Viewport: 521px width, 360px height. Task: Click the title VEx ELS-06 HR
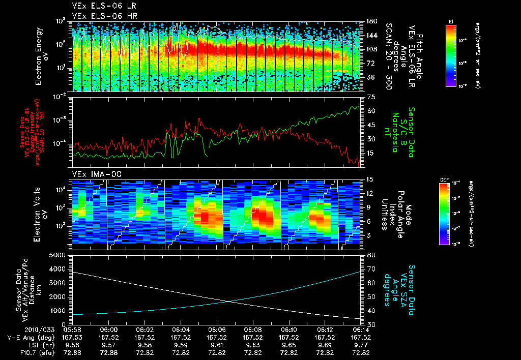[100, 16]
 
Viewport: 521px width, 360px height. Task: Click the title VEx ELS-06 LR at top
[99, 6]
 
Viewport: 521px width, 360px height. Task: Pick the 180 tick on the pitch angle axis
[371, 21]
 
